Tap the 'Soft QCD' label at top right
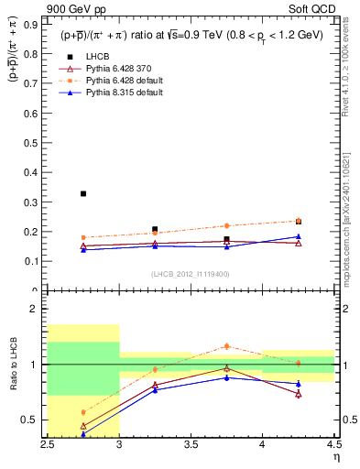point(310,10)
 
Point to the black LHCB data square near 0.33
point(83,193)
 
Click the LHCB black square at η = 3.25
point(155,229)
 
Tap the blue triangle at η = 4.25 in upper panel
point(299,236)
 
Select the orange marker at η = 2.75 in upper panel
point(83,237)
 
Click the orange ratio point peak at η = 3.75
point(227,345)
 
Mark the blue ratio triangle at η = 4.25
point(299,384)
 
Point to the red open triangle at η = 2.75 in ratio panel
point(83,426)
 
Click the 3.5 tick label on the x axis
point(191,445)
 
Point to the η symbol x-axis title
point(335,457)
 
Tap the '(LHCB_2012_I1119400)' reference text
point(191,274)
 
